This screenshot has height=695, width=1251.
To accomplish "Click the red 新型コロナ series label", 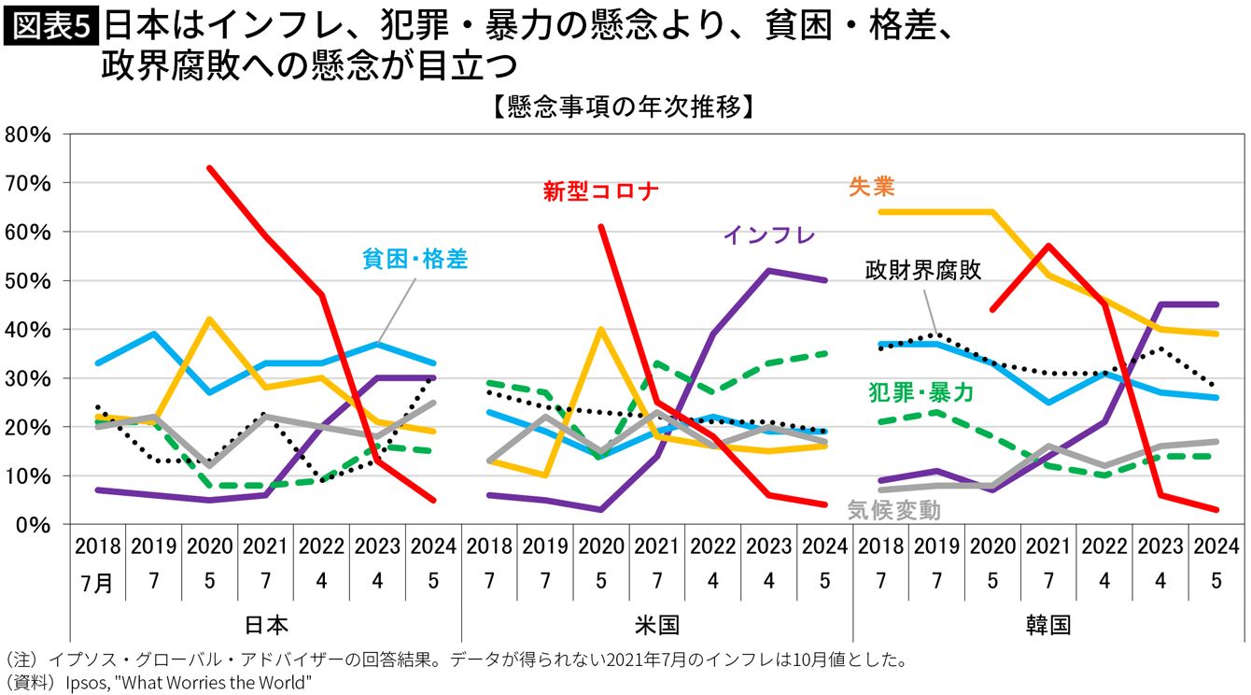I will [x=600, y=191].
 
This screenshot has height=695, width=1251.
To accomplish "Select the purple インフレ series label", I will [x=768, y=234].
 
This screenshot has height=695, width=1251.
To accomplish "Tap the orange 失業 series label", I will [x=871, y=187].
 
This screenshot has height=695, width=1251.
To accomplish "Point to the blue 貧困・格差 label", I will [x=415, y=259].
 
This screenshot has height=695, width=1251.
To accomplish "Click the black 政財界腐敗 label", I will [x=922, y=271].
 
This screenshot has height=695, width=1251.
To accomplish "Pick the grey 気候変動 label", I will [x=893, y=510].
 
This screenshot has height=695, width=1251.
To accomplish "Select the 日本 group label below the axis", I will [x=266, y=624].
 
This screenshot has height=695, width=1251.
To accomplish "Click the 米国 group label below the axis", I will [x=657, y=624].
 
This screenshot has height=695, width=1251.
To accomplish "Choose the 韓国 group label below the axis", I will [x=1048, y=624].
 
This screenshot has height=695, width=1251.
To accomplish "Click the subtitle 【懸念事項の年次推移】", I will [x=624, y=106].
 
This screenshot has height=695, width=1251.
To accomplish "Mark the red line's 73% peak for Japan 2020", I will [x=210, y=169].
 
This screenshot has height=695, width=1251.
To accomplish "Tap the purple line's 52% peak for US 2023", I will [x=768, y=271].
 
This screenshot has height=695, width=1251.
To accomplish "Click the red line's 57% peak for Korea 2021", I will [x=1048, y=246].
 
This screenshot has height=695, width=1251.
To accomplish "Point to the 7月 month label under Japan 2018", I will [x=97, y=584].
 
